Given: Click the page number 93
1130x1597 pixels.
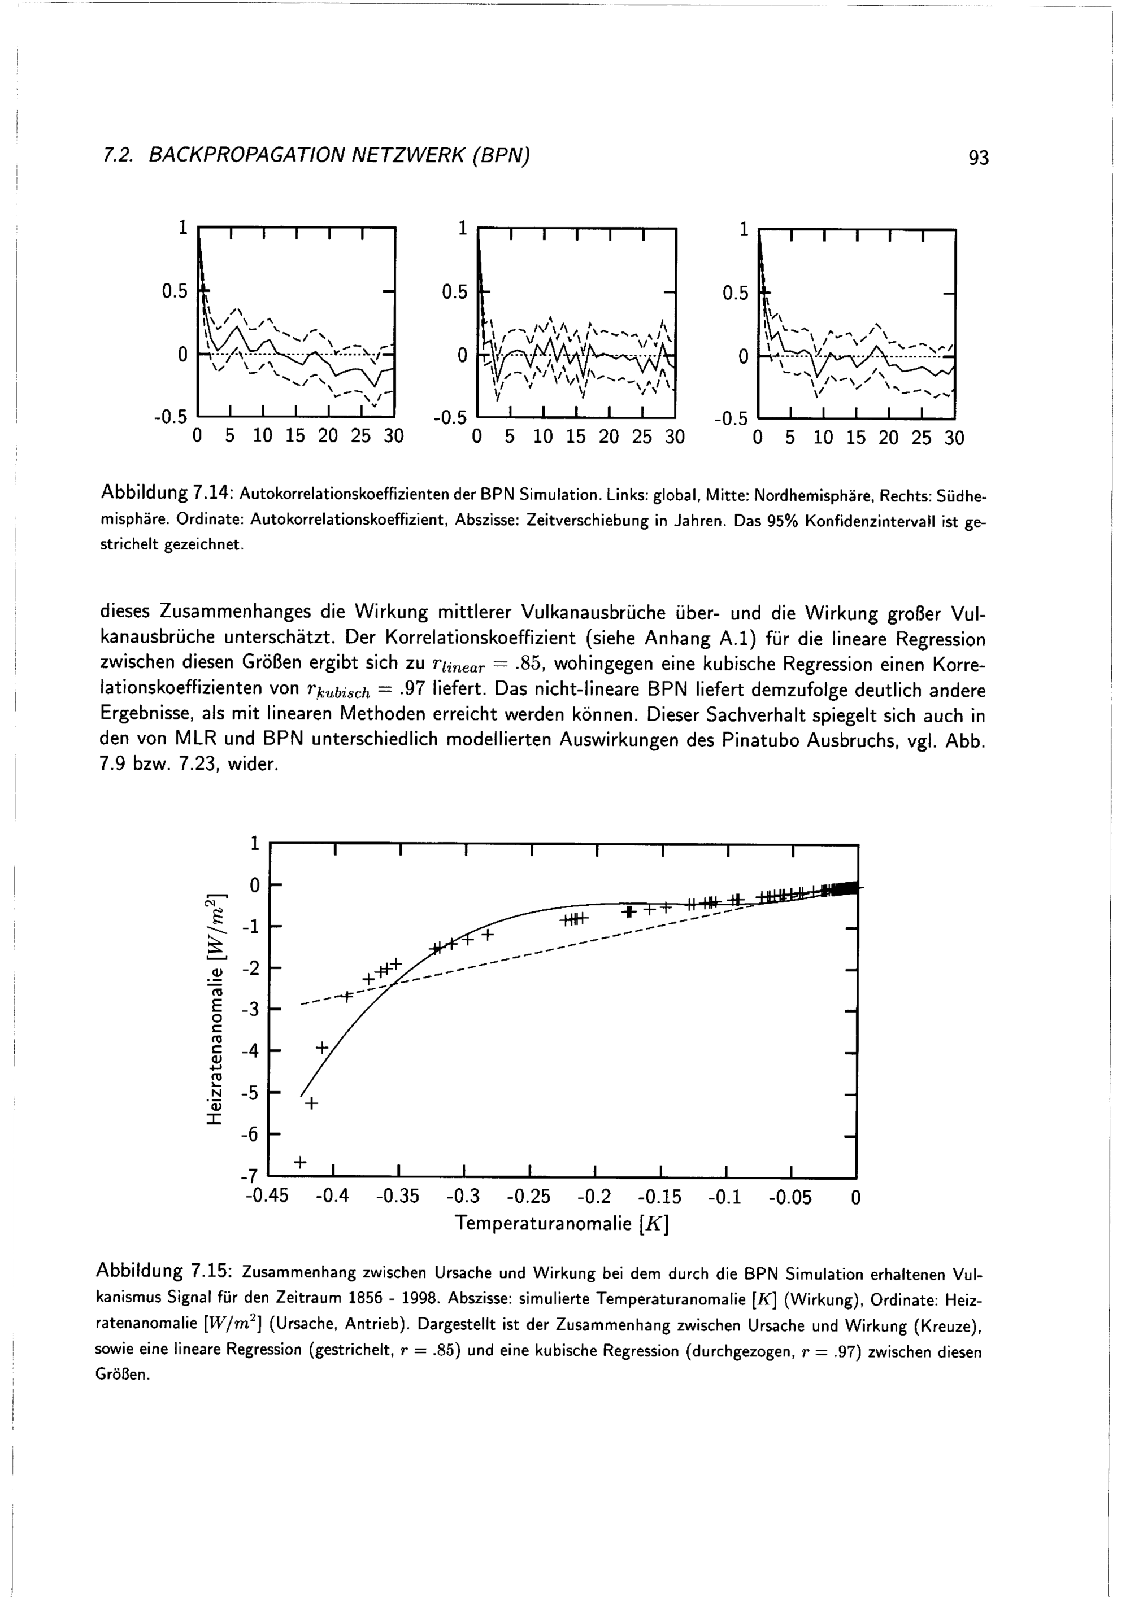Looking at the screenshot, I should [x=977, y=159].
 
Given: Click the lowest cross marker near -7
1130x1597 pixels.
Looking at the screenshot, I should [x=300, y=1162].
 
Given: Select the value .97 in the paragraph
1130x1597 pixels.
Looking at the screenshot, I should [x=414, y=690].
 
